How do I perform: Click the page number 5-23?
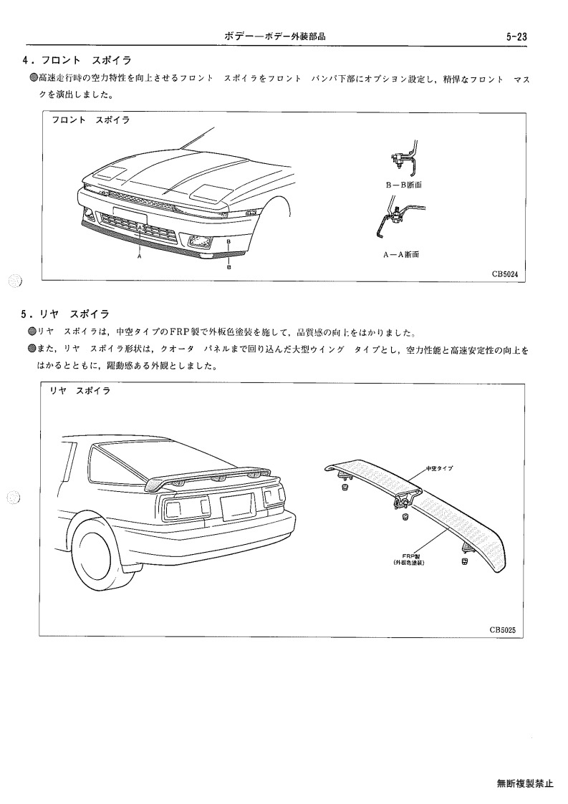click(x=516, y=37)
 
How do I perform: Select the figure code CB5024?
click(x=505, y=273)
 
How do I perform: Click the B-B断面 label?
click(x=404, y=185)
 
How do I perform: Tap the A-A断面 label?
click(x=401, y=254)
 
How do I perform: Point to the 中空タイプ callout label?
click(x=439, y=468)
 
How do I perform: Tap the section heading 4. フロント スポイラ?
click(x=77, y=61)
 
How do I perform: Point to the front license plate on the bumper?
click(x=130, y=215)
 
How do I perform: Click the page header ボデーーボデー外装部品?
click(x=275, y=37)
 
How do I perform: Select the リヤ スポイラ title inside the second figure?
click(x=80, y=391)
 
